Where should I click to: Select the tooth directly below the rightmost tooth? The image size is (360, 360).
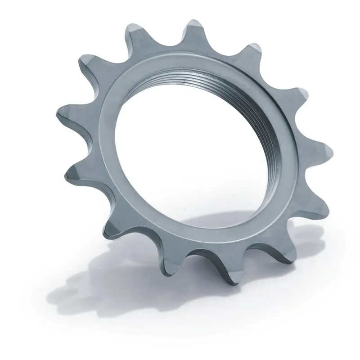[x=313, y=202]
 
